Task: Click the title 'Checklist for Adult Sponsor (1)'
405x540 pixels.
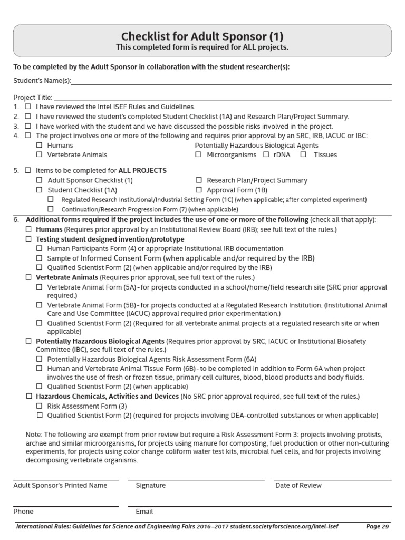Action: pyautogui.click(x=202, y=36)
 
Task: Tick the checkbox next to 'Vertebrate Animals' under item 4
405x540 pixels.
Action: pyautogui.click(x=39, y=155)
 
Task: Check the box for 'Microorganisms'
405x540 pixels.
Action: pyautogui.click(x=198, y=155)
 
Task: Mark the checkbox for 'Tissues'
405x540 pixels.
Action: pyautogui.click(x=303, y=155)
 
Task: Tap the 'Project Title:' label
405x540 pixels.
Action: pyautogui.click(x=33, y=97)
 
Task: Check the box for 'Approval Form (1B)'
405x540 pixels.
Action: pyautogui.click(x=199, y=190)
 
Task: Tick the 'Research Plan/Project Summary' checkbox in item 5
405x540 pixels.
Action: pyautogui.click(x=199, y=180)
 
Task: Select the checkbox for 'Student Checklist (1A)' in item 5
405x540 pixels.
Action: pyautogui.click(x=39, y=190)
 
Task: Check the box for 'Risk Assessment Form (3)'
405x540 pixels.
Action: pyautogui.click(x=39, y=406)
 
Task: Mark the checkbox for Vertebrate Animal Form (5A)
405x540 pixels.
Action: pyautogui.click(x=39, y=287)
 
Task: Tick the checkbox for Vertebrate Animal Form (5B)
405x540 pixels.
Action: pyautogui.click(x=39, y=305)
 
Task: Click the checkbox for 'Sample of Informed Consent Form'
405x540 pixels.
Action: pyautogui.click(x=39, y=258)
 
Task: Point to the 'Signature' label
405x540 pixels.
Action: pyautogui.click(x=150, y=485)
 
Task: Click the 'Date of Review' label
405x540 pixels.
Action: pyautogui.click(x=298, y=485)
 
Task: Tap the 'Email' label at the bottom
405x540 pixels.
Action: pyautogui.click(x=144, y=511)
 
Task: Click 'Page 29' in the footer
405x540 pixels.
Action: pyautogui.click(x=377, y=526)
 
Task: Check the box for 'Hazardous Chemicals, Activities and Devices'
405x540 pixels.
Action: pyautogui.click(x=28, y=396)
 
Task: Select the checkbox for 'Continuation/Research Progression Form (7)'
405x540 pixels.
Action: pyautogui.click(x=51, y=209)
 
